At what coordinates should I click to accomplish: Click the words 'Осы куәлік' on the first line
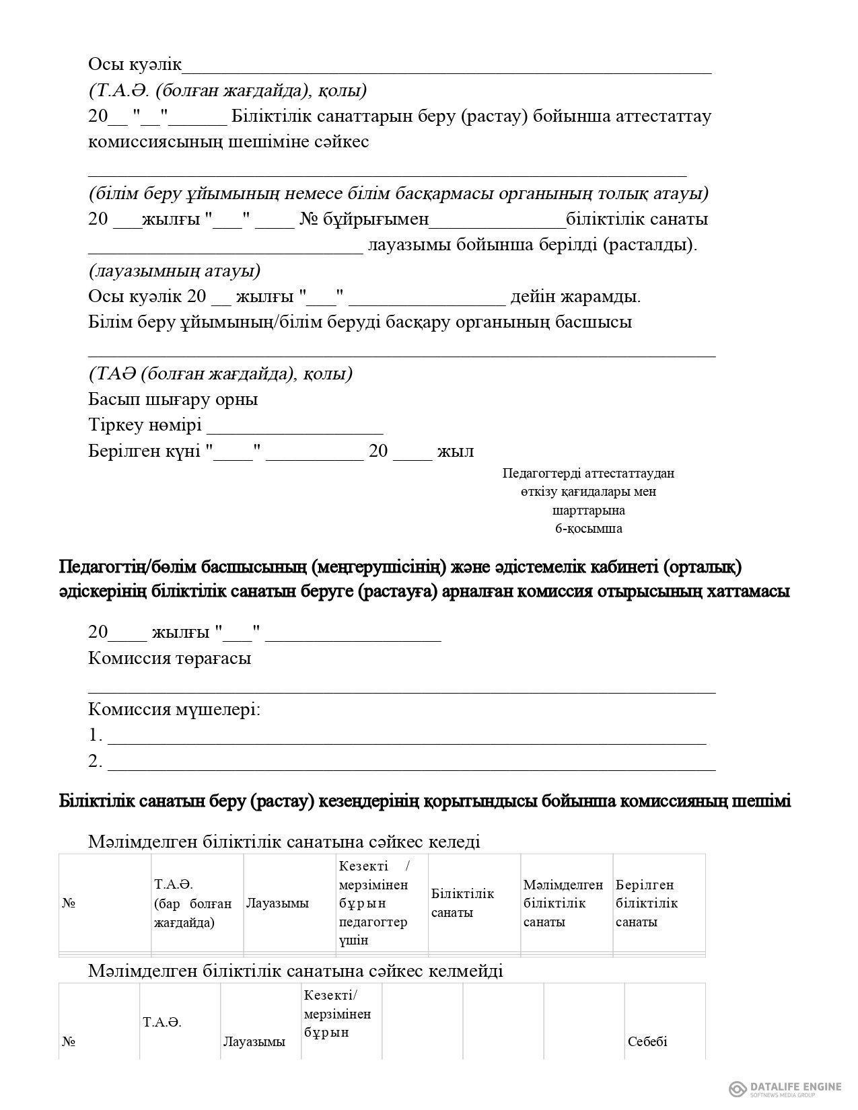[135, 64]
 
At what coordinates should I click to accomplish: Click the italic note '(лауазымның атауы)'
[174, 270]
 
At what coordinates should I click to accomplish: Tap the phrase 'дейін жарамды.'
[575, 296]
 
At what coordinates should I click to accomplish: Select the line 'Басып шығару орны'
[173, 399]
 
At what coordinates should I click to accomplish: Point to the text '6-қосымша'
[588, 528]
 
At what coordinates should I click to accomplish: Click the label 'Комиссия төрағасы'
[170, 657]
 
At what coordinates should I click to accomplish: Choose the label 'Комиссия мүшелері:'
[174, 709]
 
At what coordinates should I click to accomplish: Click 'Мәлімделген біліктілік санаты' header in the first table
[563, 903]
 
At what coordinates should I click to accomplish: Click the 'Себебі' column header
[647, 1041]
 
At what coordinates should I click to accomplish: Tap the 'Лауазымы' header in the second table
[254, 1041]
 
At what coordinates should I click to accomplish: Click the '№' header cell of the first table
[69, 903]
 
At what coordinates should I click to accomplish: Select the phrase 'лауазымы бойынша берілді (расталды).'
[532, 244]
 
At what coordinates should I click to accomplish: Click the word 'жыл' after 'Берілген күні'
[456, 451]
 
